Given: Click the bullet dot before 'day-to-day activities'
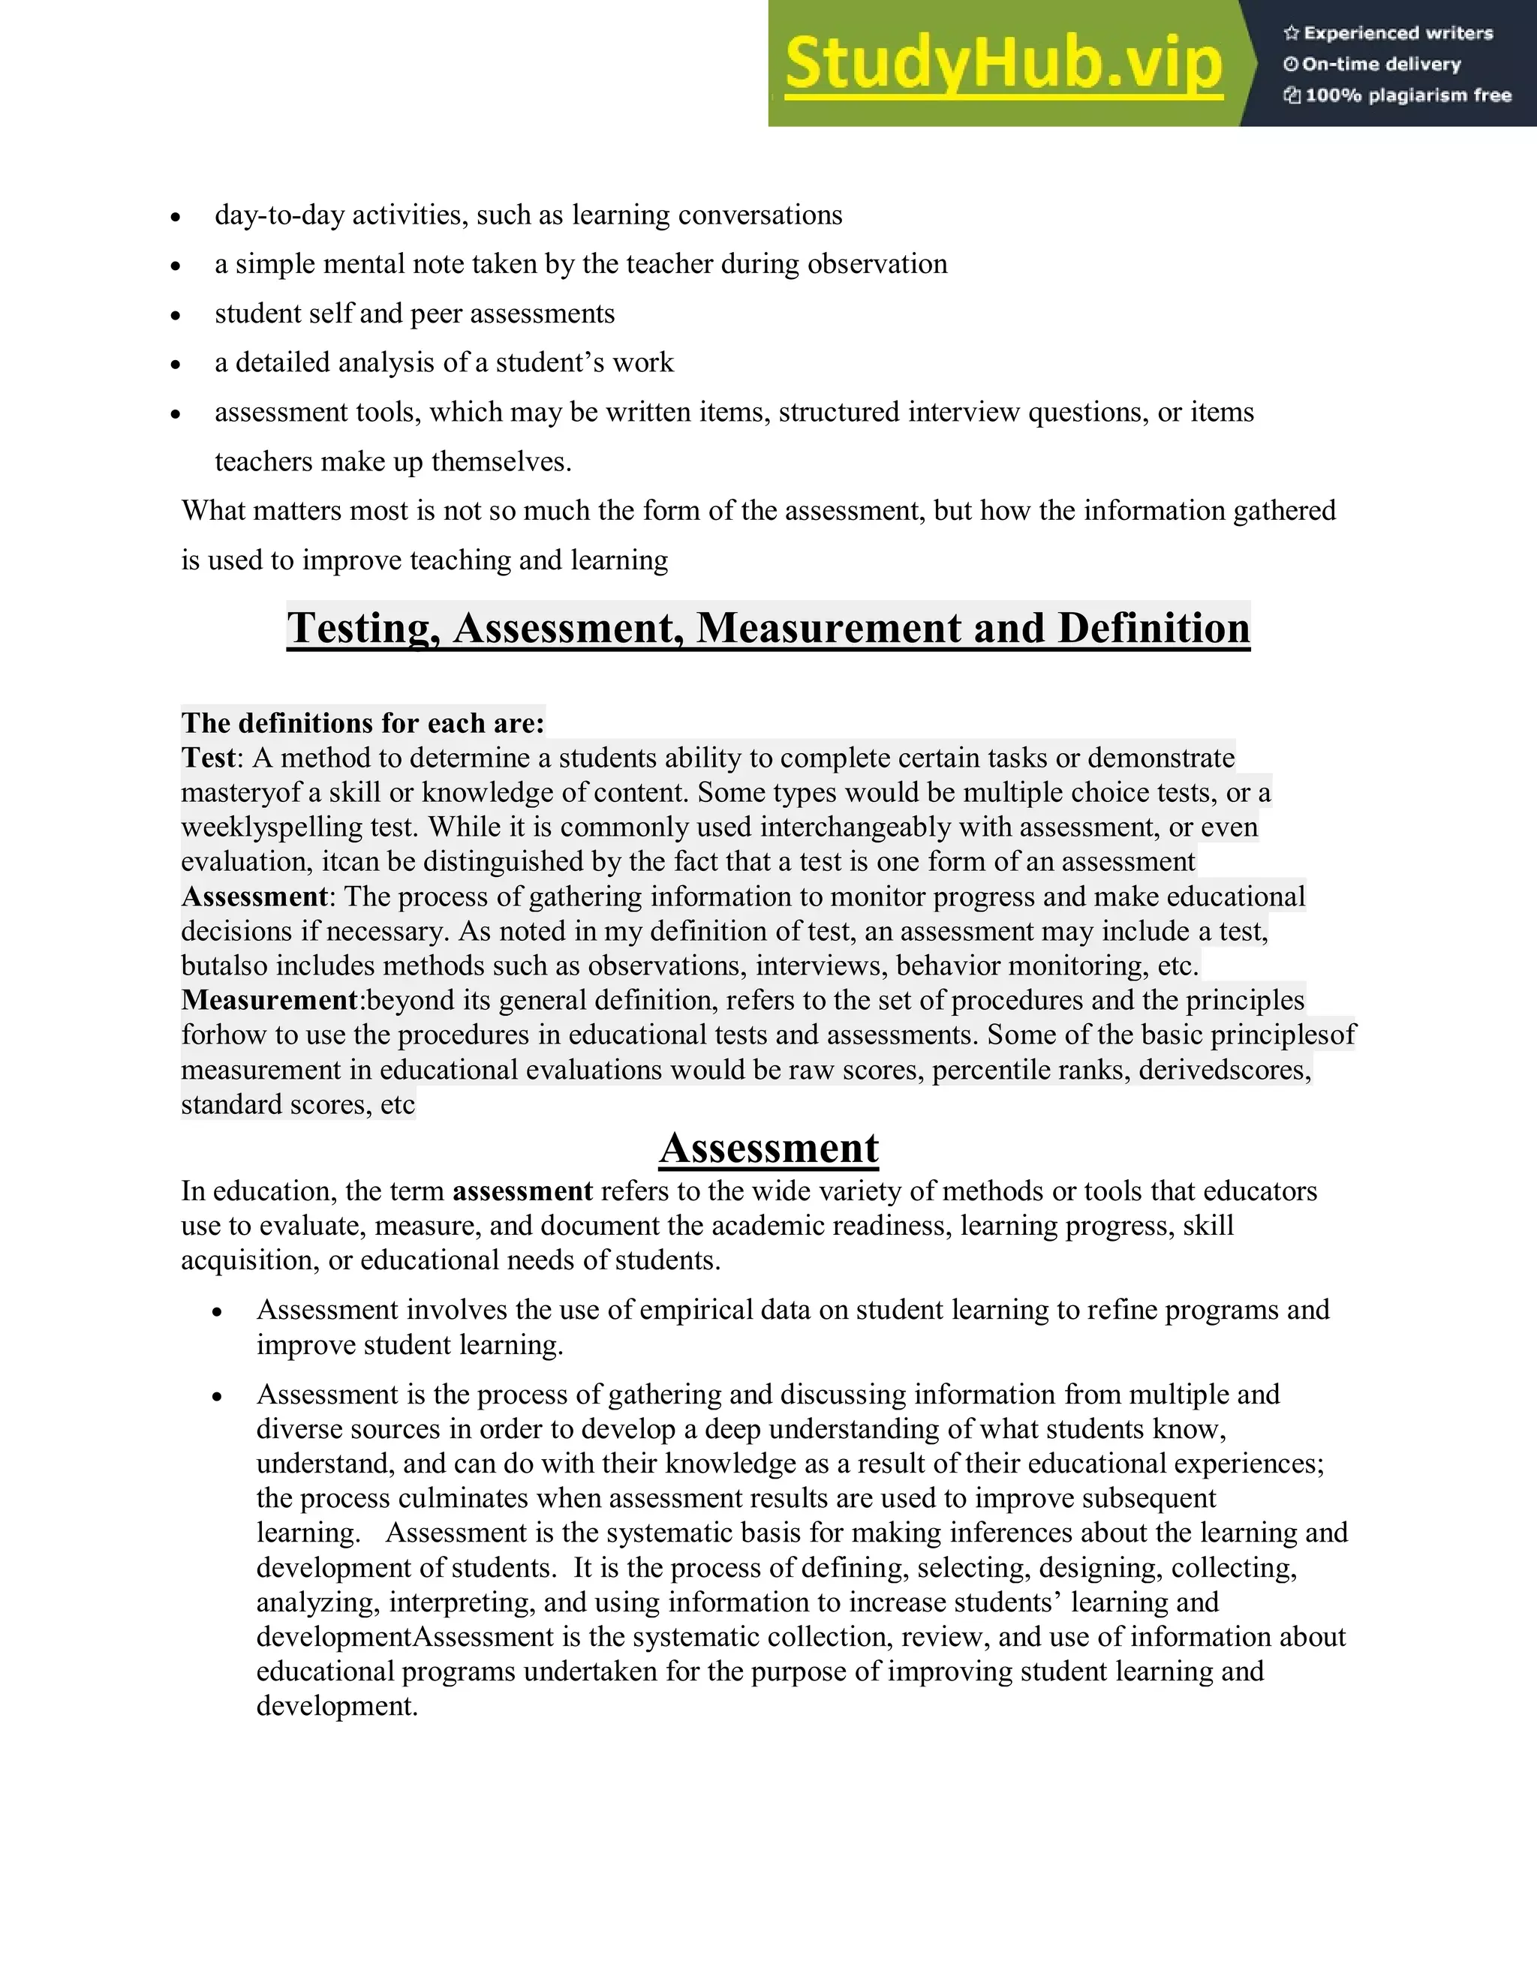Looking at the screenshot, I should [x=176, y=217].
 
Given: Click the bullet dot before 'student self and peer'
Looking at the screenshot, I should [x=176, y=316].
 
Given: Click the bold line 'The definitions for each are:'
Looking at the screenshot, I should [x=362, y=722].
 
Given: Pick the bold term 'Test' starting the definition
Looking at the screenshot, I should [x=208, y=758].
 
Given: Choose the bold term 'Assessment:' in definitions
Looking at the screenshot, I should [x=257, y=896].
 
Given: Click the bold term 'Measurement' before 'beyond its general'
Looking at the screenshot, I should [x=269, y=999].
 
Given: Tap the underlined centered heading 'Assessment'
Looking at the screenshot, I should [x=768, y=1148].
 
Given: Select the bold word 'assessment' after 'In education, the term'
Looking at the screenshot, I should [x=522, y=1191].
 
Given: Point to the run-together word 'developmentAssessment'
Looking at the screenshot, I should [x=405, y=1637].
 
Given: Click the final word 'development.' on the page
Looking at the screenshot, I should [x=337, y=1706].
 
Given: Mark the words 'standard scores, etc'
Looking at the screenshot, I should [x=298, y=1104].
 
